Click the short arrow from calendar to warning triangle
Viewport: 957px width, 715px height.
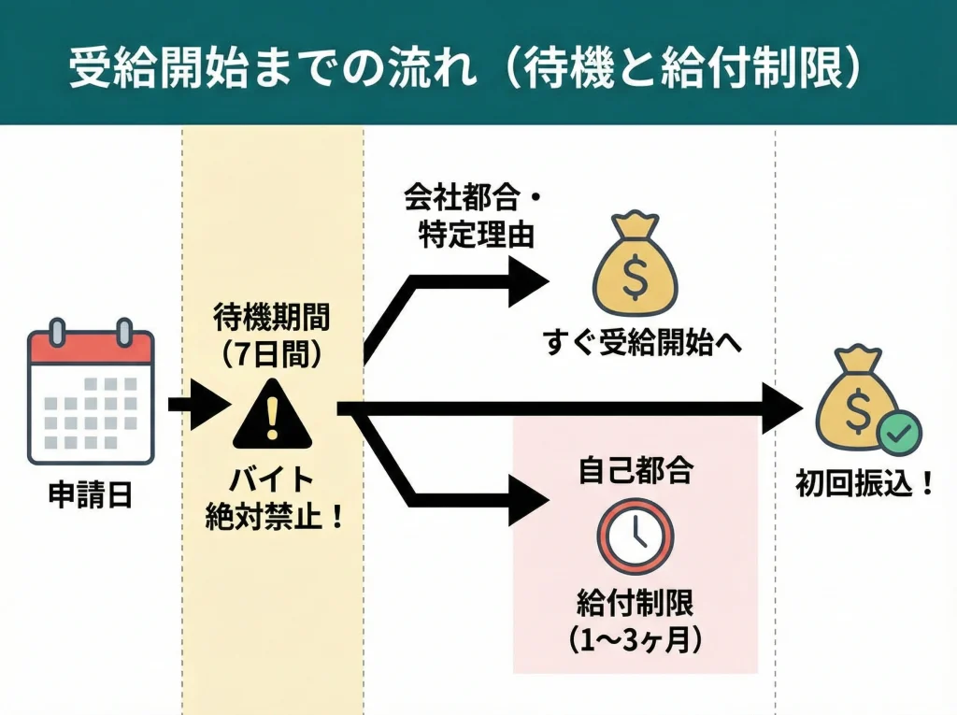click(196, 405)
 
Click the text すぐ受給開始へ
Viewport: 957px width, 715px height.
click(642, 345)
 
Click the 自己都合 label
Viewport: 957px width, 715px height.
click(636, 471)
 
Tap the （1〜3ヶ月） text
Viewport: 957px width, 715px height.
click(636, 638)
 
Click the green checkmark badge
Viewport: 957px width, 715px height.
click(898, 432)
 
